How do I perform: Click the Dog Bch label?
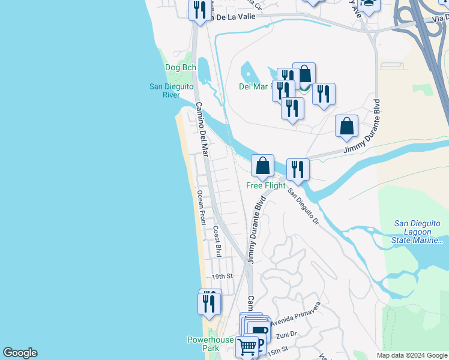181,68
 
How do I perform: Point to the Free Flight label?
266,185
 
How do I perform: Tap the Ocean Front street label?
202,208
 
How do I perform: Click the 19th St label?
221,277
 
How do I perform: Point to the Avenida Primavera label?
295,314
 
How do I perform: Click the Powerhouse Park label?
210,344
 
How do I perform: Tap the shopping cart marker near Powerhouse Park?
246,347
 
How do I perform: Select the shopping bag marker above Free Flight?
262,165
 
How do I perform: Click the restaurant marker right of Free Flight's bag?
298,169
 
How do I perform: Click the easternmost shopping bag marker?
346,126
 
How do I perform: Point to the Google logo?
20,353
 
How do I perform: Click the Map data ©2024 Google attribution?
411,355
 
